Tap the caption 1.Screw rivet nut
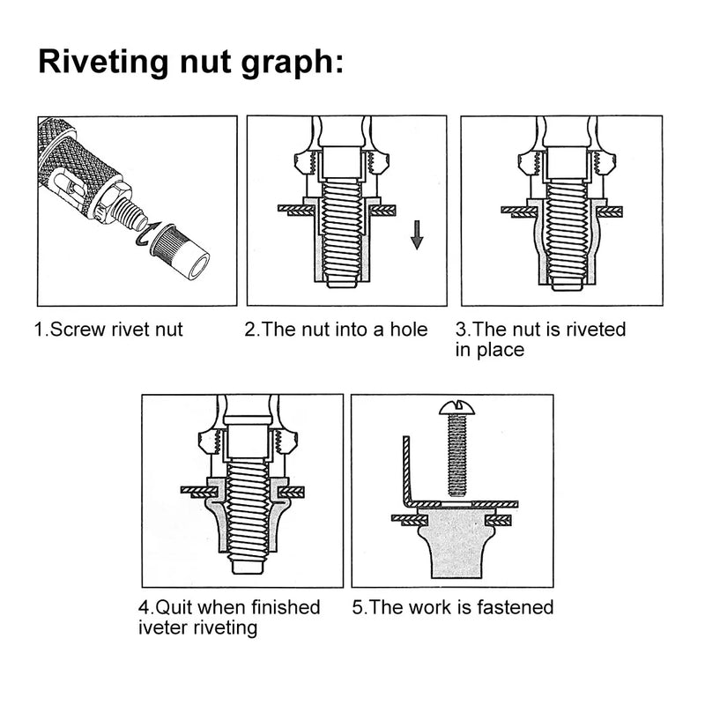pos(108,330)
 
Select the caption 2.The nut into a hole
pos(336,330)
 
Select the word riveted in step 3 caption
pos(597,330)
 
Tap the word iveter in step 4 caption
pos(162,627)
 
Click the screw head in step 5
pos(456,407)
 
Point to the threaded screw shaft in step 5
pos(456,454)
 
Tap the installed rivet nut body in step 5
pos(456,542)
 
